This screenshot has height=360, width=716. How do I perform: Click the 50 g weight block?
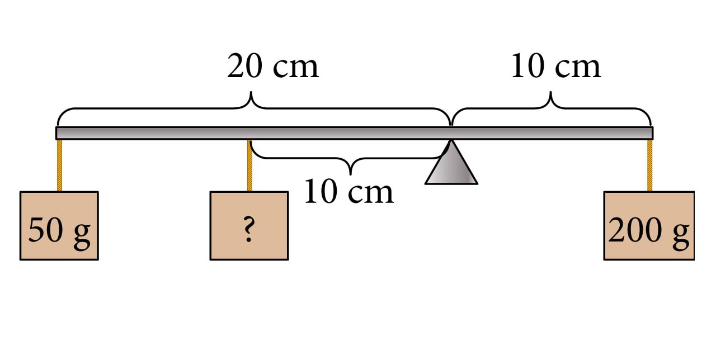pyautogui.click(x=59, y=225)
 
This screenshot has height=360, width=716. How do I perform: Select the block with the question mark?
pyautogui.click(x=249, y=225)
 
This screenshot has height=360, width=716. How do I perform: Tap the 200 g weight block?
pyautogui.click(x=649, y=225)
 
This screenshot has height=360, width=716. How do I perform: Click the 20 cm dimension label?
pyautogui.click(x=273, y=67)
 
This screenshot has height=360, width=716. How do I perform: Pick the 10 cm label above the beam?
pyautogui.click(x=555, y=67)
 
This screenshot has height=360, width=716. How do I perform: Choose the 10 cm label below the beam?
pyautogui.click(x=348, y=192)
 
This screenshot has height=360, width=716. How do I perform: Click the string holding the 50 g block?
pyautogui.click(x=59, y=165)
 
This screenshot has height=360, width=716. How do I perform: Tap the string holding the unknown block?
pyautogui.click(x=249, y=165)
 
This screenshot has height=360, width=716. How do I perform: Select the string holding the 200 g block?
pyautogui.click(x=649, y=165)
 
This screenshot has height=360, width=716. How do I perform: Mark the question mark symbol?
pyautogui.click(x=249, y=230)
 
